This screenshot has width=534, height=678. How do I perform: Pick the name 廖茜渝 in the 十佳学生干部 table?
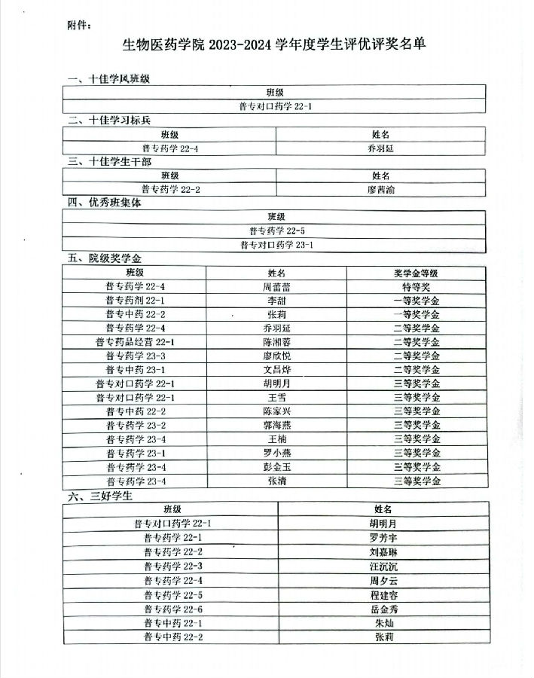(380, 189)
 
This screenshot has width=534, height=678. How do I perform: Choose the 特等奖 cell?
(416, 286)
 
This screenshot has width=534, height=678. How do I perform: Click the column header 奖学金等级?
(416, 273)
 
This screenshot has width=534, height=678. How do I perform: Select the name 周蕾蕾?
(276, 286)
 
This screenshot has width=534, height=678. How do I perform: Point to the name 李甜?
(276, 300)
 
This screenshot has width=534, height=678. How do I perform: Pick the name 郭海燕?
(276, 425)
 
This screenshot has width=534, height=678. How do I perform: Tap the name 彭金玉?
(276, 467)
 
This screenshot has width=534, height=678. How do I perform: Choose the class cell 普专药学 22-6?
(172, 609)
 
